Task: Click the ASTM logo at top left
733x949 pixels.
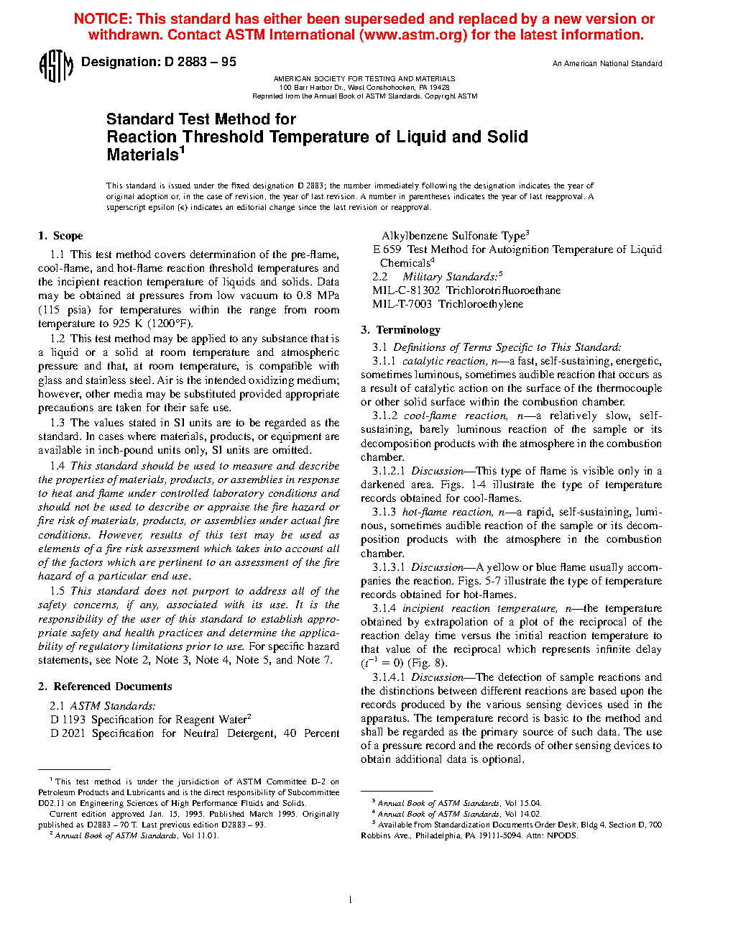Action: click(55, 66)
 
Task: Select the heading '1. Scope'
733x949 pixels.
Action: click(60, 236)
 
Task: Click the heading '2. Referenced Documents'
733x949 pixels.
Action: click(105, 687)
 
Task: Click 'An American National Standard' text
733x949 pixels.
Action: click(607, 64)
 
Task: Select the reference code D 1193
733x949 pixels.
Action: click(68, 720)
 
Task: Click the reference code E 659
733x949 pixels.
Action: click(387, 249)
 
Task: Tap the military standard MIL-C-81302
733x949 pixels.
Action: click(406, 290)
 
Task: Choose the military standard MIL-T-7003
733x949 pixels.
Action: click(402, 304)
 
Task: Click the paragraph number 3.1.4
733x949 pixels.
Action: click(384, 608)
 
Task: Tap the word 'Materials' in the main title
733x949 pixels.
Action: click(142, 155)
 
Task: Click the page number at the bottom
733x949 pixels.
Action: click(350, 900)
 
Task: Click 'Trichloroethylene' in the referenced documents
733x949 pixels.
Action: click(481, 304)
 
